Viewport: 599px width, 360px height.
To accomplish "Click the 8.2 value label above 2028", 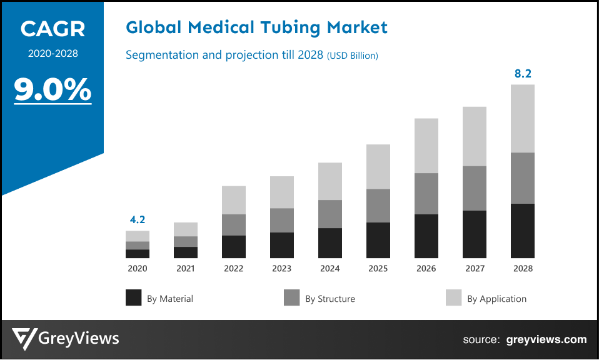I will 523,74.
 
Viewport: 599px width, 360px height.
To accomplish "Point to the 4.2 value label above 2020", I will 138,220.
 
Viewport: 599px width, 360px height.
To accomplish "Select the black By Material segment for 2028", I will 523,231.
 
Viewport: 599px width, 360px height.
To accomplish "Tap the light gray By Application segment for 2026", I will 426,146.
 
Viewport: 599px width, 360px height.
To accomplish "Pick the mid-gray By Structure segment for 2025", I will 378,206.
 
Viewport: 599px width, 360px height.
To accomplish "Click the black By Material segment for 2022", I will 234,247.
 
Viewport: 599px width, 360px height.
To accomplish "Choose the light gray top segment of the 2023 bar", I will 282,192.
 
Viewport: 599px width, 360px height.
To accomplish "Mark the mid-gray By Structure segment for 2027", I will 475,188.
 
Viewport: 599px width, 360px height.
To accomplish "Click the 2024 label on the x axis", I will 330,269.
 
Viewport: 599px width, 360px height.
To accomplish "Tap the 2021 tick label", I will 186,269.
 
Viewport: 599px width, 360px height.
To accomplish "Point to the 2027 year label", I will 475,269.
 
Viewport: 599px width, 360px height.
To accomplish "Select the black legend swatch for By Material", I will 134,298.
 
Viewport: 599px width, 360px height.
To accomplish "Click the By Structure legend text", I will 330,299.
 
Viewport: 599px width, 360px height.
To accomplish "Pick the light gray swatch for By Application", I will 454,298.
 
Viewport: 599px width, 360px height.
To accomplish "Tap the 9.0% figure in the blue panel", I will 53,90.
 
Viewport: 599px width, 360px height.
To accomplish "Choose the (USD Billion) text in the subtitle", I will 352,56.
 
